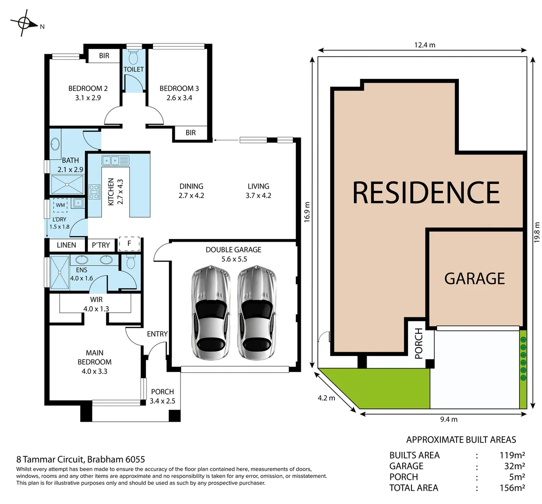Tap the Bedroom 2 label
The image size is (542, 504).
pyautogui.click(x=88, y=93)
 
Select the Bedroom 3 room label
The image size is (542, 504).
pyautogui.click(x=179, y=93)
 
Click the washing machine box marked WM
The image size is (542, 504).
pyautogui.click(x=61, y=205)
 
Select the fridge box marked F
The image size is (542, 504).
pyautogui.click(x=129, y=243)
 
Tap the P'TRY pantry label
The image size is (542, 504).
pyautogui.click(x=101, y=245)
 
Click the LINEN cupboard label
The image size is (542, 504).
pyautogui.click(x=66, y=245)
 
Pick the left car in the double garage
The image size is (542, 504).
pyautogui.click(x=209, y=313)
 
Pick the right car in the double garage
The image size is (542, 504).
pyautogui.click(x=255, y=313)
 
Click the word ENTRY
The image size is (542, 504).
pyautogui.click(x=157, y=334)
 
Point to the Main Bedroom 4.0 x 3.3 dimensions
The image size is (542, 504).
pyautogui.click(x=94, y=371)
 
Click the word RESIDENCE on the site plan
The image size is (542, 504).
pyautogui.click(x=426, y=192)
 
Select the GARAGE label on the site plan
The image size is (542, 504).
pyautogui.click(x=474, y=279)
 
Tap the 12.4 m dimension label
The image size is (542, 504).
pyautogui.click(x=424, y=45)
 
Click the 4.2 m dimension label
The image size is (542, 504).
pyautogui.click(x=326, y=398)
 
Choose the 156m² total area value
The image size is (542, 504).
pyautogui.click(x=512, y=488)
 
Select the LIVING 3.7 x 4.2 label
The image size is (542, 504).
pyautogui.click(x=258, y=191)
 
